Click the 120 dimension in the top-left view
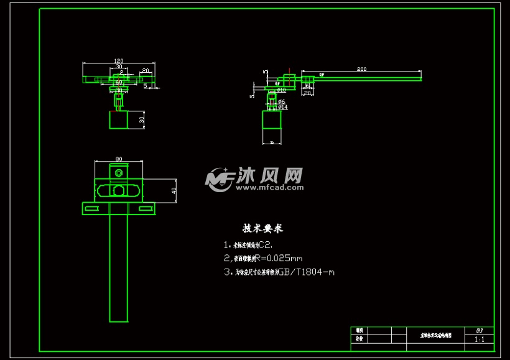click(118, 61)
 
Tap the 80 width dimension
click(118, 158)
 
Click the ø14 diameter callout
click(282, 107)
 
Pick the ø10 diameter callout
click(281, 90)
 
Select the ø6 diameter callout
click(281, 101)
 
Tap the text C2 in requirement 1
click(265, 245)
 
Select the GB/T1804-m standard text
click(305, 272)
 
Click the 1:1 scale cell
click(480, 339)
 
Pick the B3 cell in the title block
click(480, 331)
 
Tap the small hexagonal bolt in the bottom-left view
click(118, 172)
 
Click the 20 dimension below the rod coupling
click(307, 93)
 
